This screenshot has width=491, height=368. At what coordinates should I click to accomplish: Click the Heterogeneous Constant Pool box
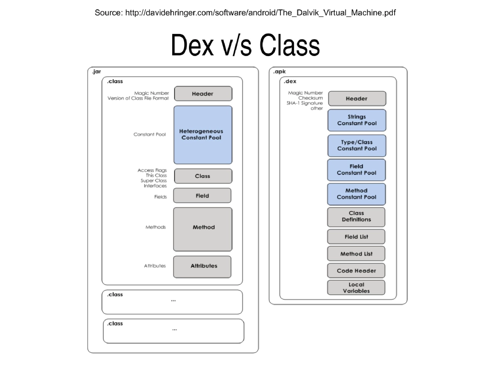click(202, 135)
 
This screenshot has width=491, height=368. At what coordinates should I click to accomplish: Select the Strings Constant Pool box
click(357, 120)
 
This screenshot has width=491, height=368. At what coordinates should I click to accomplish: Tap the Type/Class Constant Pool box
click(357, 145)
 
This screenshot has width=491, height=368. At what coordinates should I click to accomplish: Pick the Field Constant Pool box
click(356, 170)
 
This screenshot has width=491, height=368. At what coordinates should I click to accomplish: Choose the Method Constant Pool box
click(356, 194)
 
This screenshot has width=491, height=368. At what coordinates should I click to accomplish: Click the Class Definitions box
click(356, 217)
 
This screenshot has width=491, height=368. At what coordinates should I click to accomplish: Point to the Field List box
click(356, 237)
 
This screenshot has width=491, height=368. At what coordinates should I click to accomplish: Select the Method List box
click(356, 254)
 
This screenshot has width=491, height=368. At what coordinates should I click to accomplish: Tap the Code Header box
click(356, 271)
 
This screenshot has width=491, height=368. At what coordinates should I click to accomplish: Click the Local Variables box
click(356, 287)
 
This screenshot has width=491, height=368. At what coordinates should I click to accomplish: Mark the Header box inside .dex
click(356, 99)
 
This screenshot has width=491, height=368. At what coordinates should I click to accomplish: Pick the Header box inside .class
click(203, 93)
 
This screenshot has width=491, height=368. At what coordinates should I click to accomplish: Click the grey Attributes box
click(202, 266)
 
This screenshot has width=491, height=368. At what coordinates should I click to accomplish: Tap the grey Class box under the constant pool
click(203, 176)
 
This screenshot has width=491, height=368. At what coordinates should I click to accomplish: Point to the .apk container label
click(279, 72)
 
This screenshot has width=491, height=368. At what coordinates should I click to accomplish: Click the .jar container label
click(96, 72)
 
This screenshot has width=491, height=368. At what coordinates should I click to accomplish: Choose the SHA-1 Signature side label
click(305, 103)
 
